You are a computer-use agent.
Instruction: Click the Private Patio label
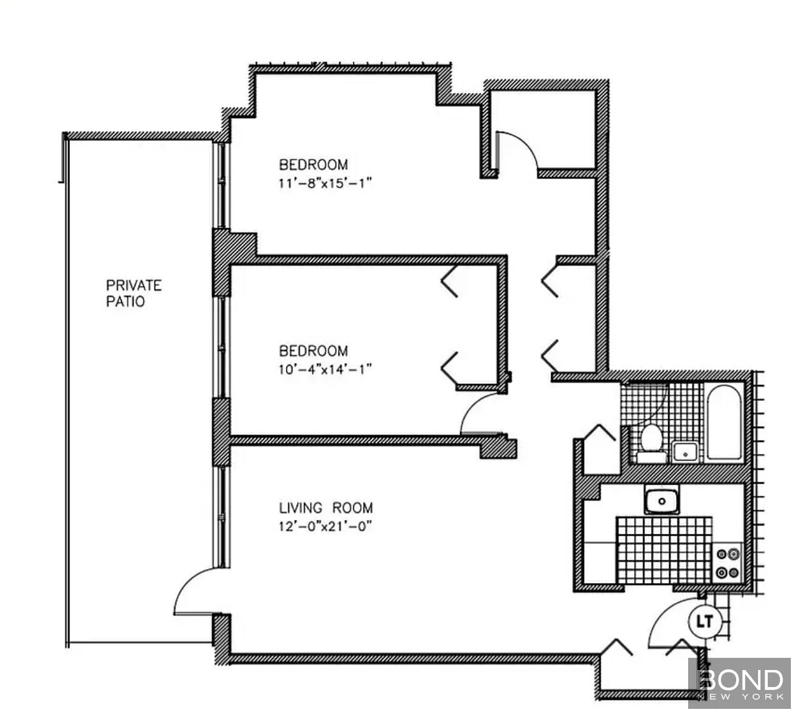[x=134, y=293]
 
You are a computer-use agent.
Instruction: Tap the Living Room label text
[x=326, y=508]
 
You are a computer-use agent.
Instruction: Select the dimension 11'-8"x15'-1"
[x=325, y=183]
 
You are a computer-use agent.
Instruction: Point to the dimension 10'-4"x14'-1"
[x=325, y=369]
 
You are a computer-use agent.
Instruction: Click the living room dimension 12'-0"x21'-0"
[x=325, y=526]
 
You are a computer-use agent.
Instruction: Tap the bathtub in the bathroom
[x=724, y=422]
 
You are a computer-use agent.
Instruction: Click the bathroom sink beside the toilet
[x=685, y=453]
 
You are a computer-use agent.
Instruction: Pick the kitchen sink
[x=662, y=501]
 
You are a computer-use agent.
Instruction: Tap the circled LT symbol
[x=705, y=621]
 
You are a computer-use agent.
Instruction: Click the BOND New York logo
[x=739, y=683]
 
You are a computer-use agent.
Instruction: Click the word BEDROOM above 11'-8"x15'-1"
[x=313, y=165]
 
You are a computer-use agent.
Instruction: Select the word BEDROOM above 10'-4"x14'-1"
[x=313, y=350]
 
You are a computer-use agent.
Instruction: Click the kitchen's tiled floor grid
[x=664, y=550]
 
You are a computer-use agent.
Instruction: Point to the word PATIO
[x=125, y=301]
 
